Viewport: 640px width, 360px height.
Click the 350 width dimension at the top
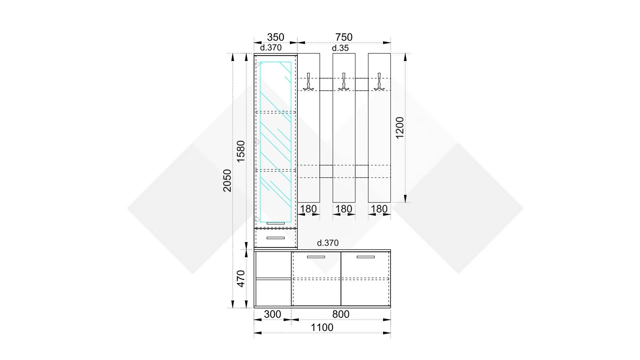pyautogui.click(x=275, y=37)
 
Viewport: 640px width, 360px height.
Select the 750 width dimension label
pyautogui.click(x=344, y=37)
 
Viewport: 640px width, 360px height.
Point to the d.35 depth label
pyautogui.click(x=340, y=48)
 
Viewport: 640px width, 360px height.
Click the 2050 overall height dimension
pyautogui.click(x=227, y=181)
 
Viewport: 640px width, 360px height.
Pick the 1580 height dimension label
pyautogui.click(x=241, y=151)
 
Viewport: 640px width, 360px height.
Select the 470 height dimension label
pyautogui.click(x=241, y=279)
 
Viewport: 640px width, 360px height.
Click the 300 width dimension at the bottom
pyautogui.click(x=272, y=314)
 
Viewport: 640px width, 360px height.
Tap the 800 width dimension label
pyautogui.click(x=341, y=314)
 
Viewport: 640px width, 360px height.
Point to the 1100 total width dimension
pyautogui.click(x=322, y=328)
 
